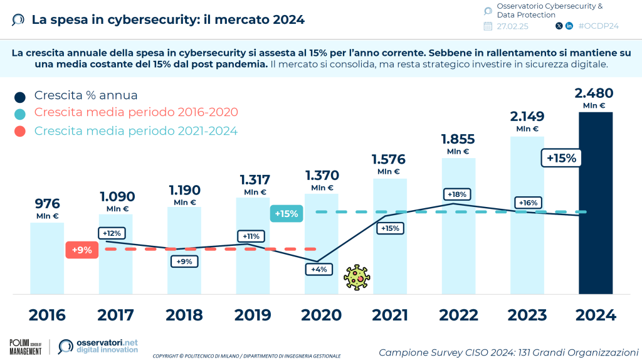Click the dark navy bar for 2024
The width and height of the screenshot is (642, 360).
595,202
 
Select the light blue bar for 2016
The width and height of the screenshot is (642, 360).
47,258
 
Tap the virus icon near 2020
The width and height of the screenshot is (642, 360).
356,277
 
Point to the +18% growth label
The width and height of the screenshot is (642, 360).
458,194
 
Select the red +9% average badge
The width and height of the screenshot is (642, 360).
82,250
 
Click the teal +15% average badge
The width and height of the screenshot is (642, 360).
286,213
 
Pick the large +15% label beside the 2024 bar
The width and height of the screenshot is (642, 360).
561,158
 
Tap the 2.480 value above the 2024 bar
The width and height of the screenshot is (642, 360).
594,93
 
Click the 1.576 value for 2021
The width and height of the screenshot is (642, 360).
389,159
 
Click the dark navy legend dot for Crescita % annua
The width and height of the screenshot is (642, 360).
20,96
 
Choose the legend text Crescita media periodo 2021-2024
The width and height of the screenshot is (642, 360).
136,131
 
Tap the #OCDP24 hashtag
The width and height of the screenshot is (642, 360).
599,26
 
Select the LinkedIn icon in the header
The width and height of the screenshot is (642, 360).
569,26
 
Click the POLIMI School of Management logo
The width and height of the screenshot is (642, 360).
26,346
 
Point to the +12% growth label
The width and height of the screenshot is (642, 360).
112,233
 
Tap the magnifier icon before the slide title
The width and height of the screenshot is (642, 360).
18,19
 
